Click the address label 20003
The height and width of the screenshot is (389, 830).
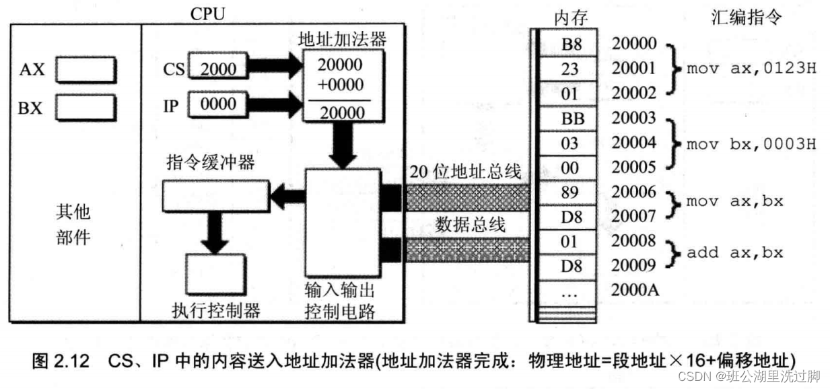(633, 118)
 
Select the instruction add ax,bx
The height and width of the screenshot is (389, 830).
(734, 254)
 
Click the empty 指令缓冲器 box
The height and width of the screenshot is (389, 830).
(214, 195)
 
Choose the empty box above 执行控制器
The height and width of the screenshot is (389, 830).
(214, 274)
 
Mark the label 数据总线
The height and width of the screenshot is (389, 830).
(471, 224)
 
